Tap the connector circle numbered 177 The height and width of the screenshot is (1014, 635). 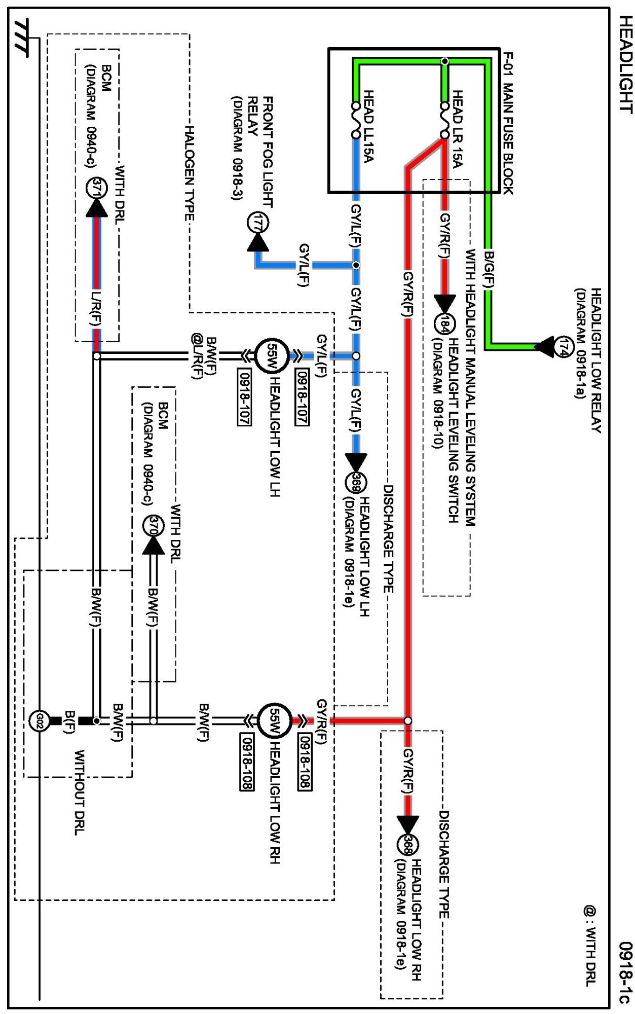click(258, 223)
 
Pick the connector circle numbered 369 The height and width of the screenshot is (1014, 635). click(356, 482)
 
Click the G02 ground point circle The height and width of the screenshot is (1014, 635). click(40, 720)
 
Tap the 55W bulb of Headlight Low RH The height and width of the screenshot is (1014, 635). click(274, 720)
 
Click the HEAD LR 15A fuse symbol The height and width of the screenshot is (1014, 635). click(444, 120)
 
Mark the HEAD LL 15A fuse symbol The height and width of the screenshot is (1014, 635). click(356, 120)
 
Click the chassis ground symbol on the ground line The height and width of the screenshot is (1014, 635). click(22, 37)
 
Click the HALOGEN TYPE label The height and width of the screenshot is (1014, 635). click(190, 173)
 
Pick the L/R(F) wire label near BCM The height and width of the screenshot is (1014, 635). click(96, 309)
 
